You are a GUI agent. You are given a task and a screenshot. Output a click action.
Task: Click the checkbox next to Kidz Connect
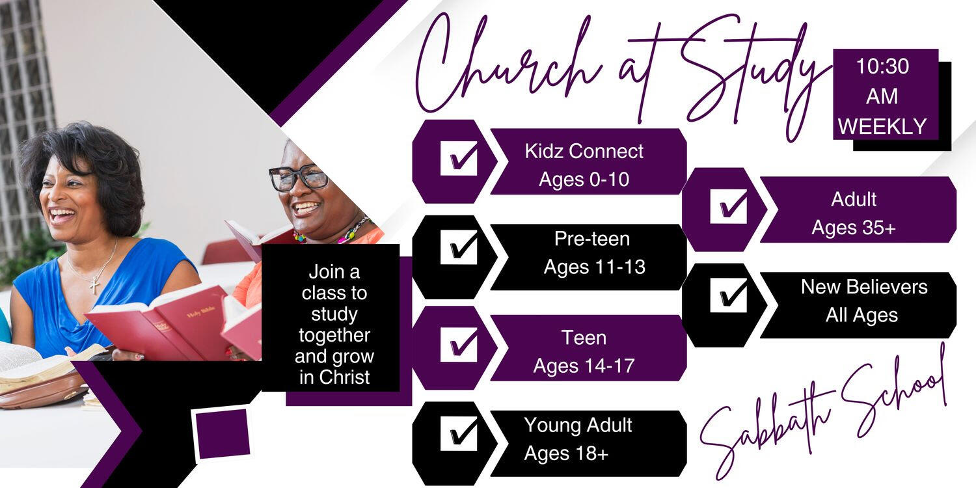459,158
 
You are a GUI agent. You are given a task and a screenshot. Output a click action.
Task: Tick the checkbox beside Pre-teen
459,247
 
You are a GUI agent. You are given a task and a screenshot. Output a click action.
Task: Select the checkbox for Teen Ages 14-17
459,345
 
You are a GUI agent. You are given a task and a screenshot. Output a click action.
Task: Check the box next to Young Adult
459,433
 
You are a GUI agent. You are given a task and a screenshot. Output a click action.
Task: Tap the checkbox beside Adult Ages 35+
729,206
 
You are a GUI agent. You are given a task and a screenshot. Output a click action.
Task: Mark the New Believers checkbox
729,295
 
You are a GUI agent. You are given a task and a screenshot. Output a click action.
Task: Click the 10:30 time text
882,66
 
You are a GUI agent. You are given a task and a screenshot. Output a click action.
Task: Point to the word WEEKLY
882,126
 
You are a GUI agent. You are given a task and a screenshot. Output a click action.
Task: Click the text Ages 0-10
584,180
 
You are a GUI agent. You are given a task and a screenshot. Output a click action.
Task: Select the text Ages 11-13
594,267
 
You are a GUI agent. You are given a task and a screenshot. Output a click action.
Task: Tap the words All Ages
861,315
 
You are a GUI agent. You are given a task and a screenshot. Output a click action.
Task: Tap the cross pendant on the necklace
94,284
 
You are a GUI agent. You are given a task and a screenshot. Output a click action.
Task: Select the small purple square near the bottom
223,433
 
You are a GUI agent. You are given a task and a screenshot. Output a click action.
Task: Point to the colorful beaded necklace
333,233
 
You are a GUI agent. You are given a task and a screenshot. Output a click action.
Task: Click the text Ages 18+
566,454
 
